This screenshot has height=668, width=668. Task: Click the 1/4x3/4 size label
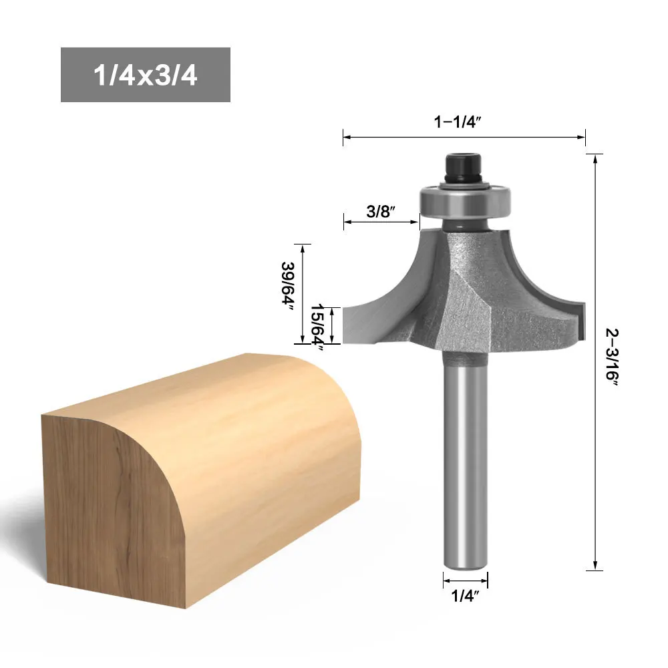145,75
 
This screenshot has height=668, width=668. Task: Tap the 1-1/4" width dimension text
458,122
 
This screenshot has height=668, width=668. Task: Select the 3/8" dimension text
381,211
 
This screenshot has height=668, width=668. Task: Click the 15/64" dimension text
318,327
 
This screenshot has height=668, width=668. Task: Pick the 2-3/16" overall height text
612,357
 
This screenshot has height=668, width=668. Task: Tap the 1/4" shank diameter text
465,596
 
